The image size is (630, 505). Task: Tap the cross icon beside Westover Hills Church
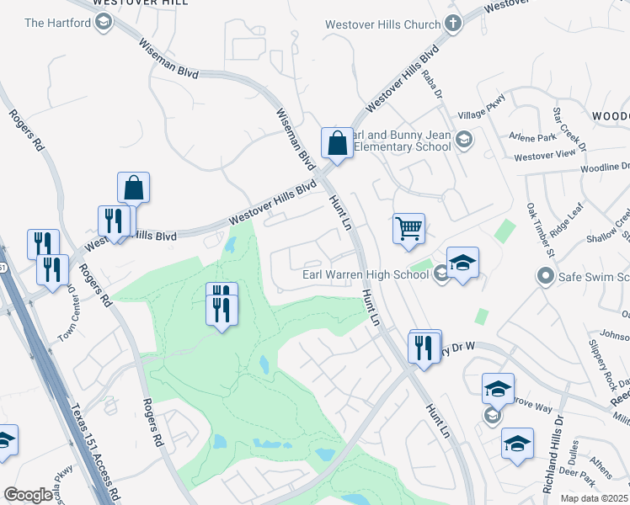tap(453, 24)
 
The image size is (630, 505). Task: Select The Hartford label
tap(57, 22)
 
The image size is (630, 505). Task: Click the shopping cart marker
tap(408, 228)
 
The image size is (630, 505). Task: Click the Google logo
tap(28, 495)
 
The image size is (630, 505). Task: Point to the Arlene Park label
tap(531, 137)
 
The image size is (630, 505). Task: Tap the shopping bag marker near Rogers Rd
tap(133, 188)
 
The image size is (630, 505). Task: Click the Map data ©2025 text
tap(595, 498)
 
